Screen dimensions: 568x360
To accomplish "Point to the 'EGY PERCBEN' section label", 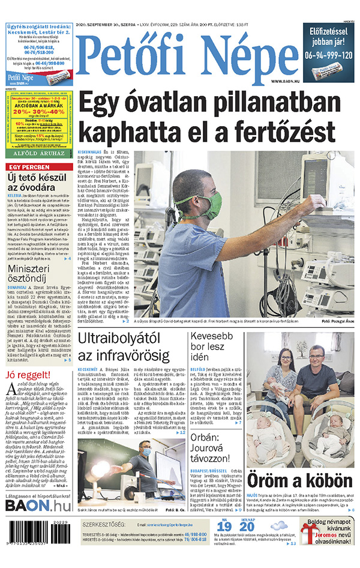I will coord(28,166).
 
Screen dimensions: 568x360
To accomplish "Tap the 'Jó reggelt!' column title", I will coord(26,375).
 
